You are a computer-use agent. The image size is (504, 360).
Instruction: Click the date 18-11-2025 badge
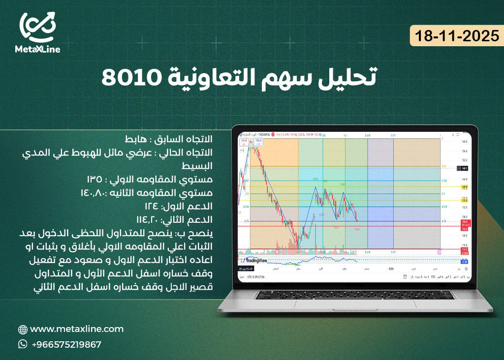coord(457,36)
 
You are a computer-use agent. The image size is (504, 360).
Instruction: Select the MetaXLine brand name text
coord(37,49)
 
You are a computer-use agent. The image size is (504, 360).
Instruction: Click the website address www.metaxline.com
coord(76,329)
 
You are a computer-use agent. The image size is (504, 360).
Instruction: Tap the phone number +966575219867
coord(66,345)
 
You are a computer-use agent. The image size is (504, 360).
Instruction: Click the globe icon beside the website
coord(23,330)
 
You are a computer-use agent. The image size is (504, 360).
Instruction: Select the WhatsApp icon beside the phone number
coord(23,344)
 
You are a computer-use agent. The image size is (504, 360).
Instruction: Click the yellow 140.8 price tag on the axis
coord(464,187)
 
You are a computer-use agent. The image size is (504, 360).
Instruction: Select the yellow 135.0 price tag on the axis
coord(464,201)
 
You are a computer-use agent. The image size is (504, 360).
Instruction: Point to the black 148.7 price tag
coord(464,168)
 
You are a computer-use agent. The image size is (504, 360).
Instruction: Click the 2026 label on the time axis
coord(391,269)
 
